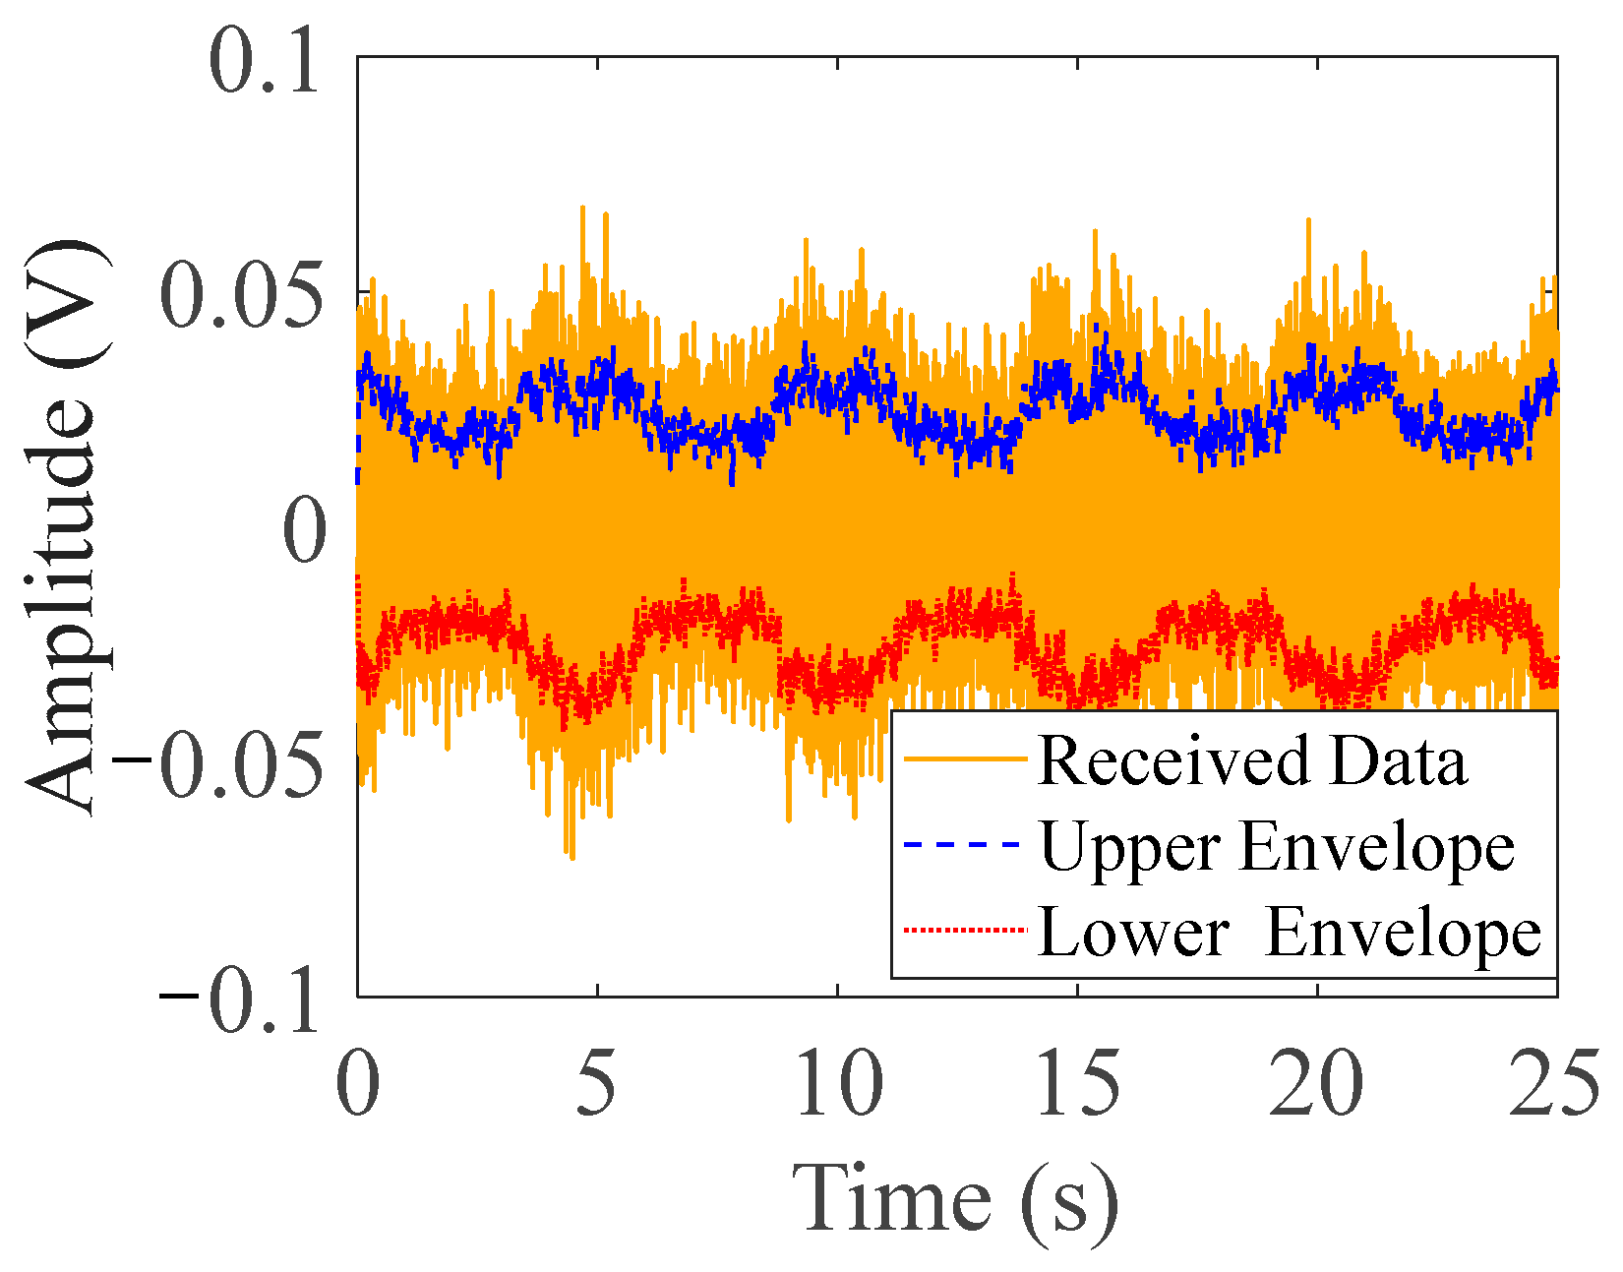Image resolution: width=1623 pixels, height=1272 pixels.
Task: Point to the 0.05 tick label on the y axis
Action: click(242, 296)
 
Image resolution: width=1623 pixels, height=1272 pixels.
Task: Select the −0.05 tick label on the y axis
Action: click(218, 764)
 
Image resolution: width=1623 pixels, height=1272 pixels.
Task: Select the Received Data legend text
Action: click(1252, 761)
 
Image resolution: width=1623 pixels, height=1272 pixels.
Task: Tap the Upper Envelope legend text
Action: click(1277, 849)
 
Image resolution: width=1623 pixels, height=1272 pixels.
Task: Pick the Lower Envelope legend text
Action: click(1290, 933)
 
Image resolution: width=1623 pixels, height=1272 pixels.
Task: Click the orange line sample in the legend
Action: click(965, 758)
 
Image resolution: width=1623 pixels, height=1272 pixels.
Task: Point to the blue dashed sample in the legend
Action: click(962, 845)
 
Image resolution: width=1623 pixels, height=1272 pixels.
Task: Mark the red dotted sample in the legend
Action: click(965, 930)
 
